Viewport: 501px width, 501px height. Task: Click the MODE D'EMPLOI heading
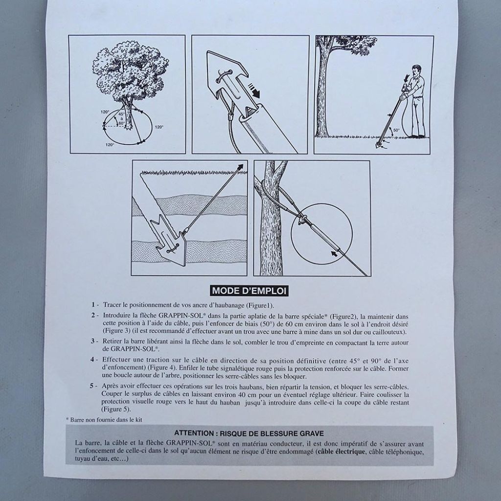click(x=250, y=291)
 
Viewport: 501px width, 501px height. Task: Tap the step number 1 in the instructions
click(x=92, y=304)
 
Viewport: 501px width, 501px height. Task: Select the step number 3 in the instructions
click(x=92, y=342)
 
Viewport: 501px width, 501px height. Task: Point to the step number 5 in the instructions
click(x=92, y=386)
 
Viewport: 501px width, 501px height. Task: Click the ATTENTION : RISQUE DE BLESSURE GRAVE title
click(x=249, y=433)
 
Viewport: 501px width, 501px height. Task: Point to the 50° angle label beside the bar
click(x=397, y=131)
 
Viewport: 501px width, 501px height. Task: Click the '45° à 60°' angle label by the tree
click(x=120, y=118)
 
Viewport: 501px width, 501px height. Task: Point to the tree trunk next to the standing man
click(x=323, y=93)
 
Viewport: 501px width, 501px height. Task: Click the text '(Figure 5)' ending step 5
click(x=115, y=409)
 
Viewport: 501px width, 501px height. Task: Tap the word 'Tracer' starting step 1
click(x=112, y=304)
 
